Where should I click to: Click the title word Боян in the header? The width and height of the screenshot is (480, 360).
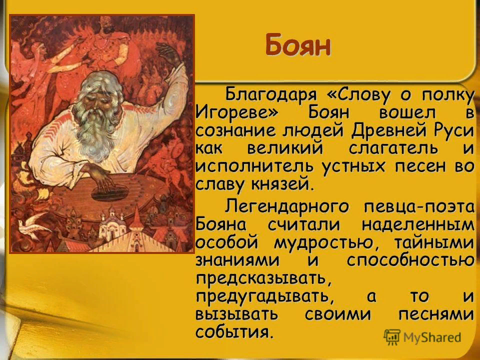(298, 45)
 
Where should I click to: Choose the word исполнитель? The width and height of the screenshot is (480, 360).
(242, 167)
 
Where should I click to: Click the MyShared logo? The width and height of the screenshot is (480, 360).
(422, 336)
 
